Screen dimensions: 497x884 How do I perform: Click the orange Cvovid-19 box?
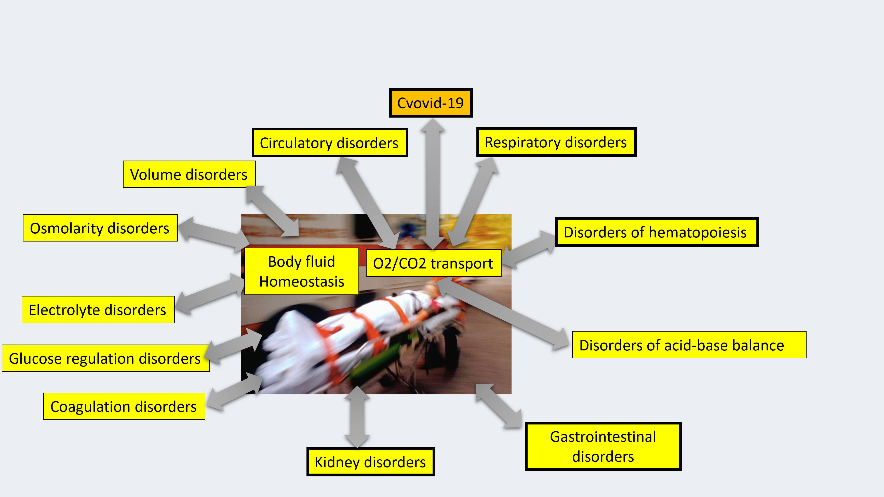pyautogui.click(x=431, y=103)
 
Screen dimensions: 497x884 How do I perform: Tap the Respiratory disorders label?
pyautogui.click(x=556, y=142)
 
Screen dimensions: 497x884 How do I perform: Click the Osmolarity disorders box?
pyautogui.click(x=100, y=228)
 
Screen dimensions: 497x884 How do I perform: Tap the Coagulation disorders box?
pyautogui.click(x=124, y=406)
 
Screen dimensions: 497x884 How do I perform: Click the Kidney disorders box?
pyautogui.click(x=370, y=462)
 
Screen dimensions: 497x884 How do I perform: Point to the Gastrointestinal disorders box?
pyautogui.click(x=603, y=446)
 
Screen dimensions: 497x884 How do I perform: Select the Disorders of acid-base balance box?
pyautogui.click(x=689, y=345)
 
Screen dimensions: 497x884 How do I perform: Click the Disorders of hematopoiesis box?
pyautogui.click(x=657, y=232)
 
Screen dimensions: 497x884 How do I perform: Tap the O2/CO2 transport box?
pyautogui.click(x=433, y=263)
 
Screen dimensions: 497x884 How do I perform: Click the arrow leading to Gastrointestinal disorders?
pyautogui.click(x=499, y=406)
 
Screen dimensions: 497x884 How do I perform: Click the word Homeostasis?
pyautogui.click(x=302, y=282)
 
